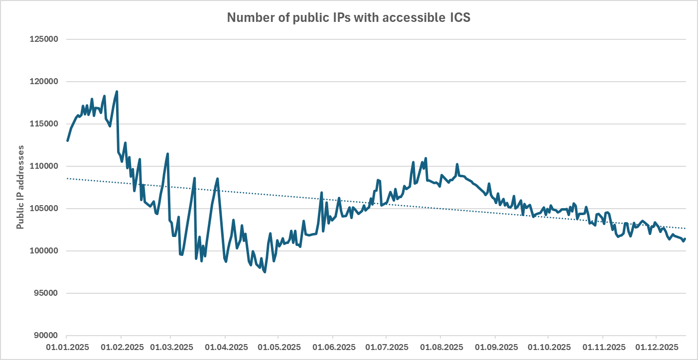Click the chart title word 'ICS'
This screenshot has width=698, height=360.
click(457, 18)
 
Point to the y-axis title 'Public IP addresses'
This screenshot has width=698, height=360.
click(20, 188)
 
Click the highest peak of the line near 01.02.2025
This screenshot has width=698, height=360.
click(117, 92)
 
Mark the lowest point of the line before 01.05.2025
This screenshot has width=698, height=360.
click(265, 272)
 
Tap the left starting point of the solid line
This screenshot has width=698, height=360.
click(67, 141)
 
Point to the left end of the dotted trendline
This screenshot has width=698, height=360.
click(67, 178)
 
